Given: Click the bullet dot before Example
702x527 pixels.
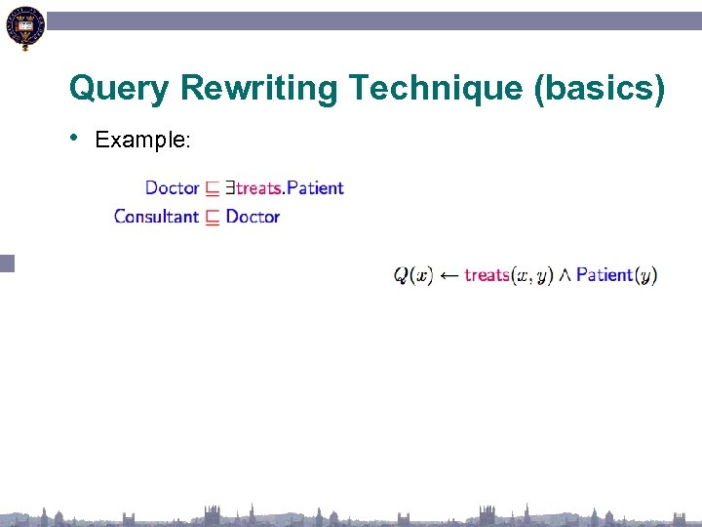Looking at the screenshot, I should [76, 137].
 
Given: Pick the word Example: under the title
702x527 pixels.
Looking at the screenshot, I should [142, 140].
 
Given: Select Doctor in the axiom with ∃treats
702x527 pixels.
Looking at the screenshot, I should [172, 187].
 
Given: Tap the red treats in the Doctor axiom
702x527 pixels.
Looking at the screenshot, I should [258, 187].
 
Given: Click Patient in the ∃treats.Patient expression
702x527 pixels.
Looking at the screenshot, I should [315, 187].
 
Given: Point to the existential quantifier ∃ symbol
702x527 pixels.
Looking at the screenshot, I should [230, 187].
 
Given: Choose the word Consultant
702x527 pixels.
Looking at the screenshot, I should [156, 217].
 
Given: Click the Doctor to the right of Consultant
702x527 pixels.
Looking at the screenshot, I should [253, 217].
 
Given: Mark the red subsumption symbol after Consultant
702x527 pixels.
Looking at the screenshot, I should [213, 218].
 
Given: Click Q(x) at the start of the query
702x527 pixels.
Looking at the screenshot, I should [412, 275].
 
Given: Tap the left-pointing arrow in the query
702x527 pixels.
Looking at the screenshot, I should [448, 275].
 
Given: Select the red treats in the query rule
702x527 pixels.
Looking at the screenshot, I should [487, 275].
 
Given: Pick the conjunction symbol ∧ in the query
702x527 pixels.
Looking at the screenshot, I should [565, 275].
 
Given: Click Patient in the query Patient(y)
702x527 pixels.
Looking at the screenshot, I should [604, 275].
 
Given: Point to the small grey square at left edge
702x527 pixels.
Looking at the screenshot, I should [8, 262].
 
